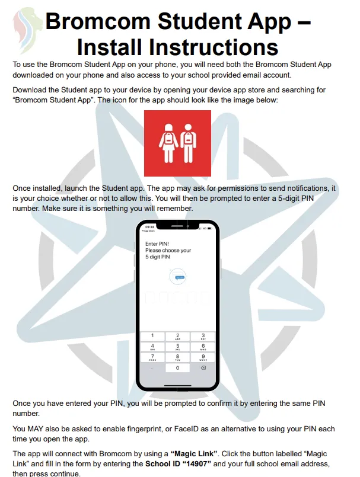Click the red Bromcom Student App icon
177,143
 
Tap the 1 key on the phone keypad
152,336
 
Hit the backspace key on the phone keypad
203,367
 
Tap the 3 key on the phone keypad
203,336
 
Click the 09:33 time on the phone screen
150,227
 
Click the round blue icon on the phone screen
178,277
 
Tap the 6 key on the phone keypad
203,346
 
